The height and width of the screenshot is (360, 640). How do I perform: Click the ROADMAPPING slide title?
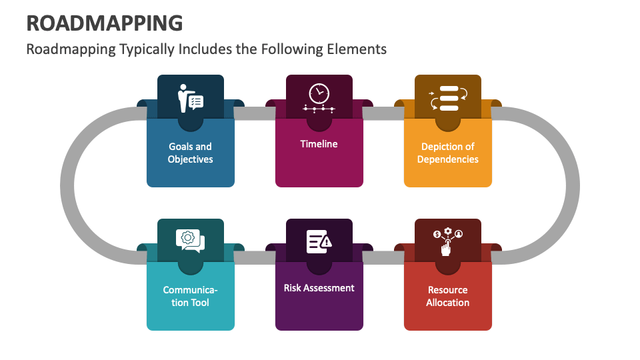click(x=105, y=22)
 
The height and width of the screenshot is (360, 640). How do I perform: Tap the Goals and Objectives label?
click(x=190, y=153)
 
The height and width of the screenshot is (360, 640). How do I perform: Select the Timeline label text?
click(x=319, y=143)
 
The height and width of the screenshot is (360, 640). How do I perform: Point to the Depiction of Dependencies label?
click(x=447, y=153)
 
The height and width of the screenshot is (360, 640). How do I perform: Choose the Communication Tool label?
click(x=190, y=296)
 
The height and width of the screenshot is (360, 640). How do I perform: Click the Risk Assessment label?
click(x=319, y=287)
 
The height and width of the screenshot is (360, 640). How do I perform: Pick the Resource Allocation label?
click(x=447, y=296)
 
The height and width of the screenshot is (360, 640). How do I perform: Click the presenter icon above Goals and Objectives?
click(x=190, y=98)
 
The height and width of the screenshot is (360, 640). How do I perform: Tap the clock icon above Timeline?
click(x=319, y=94)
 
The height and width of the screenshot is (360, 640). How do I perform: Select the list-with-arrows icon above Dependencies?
click(x=448, y=98)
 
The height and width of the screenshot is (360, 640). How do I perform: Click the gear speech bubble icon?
click(x=190, y=241)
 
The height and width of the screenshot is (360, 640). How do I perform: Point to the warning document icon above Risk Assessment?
click(x=319, y=241)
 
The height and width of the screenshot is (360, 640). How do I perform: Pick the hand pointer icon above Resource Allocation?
click(x=447, y=242)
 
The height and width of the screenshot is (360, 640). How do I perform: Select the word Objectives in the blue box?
click(x=190, y=159)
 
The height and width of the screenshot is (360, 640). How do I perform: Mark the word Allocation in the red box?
click(x=447, y=303)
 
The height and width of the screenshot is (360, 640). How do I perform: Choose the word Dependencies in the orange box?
click(x=447, y=159)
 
